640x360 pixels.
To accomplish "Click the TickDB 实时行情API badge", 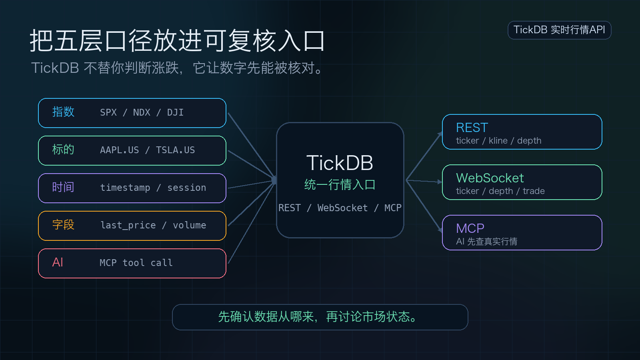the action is (559, 30).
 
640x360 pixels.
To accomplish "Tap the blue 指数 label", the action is (63, 112).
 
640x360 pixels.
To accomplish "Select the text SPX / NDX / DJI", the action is (142, 112).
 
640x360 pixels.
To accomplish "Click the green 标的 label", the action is (63, 150).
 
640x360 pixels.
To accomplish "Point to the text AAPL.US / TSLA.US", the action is (148, 150).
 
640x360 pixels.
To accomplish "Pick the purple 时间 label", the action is (63, 187).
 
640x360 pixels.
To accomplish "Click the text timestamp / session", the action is (153, 188).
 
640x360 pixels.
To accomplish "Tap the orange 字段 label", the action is (63, 224).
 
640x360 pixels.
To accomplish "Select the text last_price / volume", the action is (153, 225).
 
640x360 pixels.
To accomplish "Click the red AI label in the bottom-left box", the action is (58, 262).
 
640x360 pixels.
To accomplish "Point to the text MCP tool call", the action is (136, 263).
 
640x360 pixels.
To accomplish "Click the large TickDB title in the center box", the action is (340, 163).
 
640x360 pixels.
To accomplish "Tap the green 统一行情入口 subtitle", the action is (340, 184).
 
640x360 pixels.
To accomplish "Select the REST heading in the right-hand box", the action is (472, 128).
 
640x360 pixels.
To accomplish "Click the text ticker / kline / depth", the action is (498, 140).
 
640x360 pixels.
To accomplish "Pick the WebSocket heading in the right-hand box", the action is (490, 178).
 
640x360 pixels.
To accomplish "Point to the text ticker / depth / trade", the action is (500, 191).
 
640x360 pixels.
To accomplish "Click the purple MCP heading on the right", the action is (470, 228).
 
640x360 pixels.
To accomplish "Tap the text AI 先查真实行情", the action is (486, 242).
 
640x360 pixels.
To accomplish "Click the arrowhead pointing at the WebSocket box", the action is (440, 182).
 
